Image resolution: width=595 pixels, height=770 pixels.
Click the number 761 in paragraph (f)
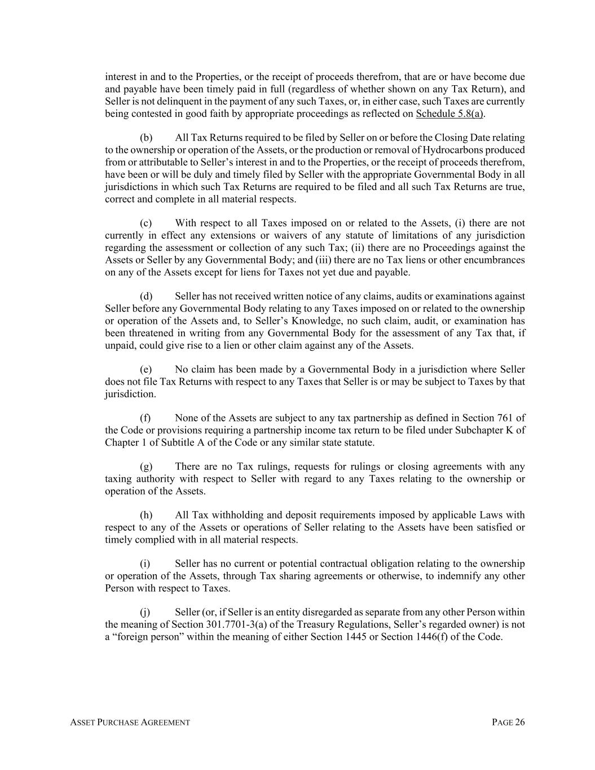[x=505, y=418]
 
